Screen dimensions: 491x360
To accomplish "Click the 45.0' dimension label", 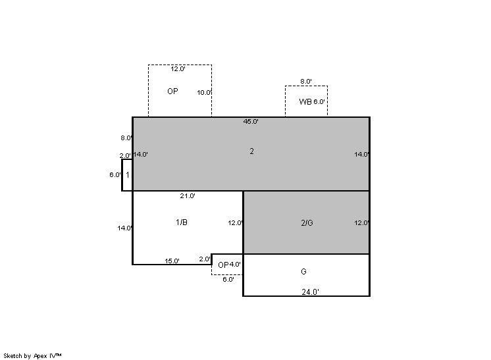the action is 251,122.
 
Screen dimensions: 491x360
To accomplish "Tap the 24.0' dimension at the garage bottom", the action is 310,292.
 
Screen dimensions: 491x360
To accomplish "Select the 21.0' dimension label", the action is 188,196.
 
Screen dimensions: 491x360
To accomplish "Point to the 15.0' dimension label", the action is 172,261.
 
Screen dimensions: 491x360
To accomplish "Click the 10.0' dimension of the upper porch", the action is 205,93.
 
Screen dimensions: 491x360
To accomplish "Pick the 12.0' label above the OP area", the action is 178,69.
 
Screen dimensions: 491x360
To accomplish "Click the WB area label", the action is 305,102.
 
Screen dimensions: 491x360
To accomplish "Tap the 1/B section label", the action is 182,222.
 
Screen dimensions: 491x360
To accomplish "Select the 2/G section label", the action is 307,223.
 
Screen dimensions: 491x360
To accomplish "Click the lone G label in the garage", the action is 303,271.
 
